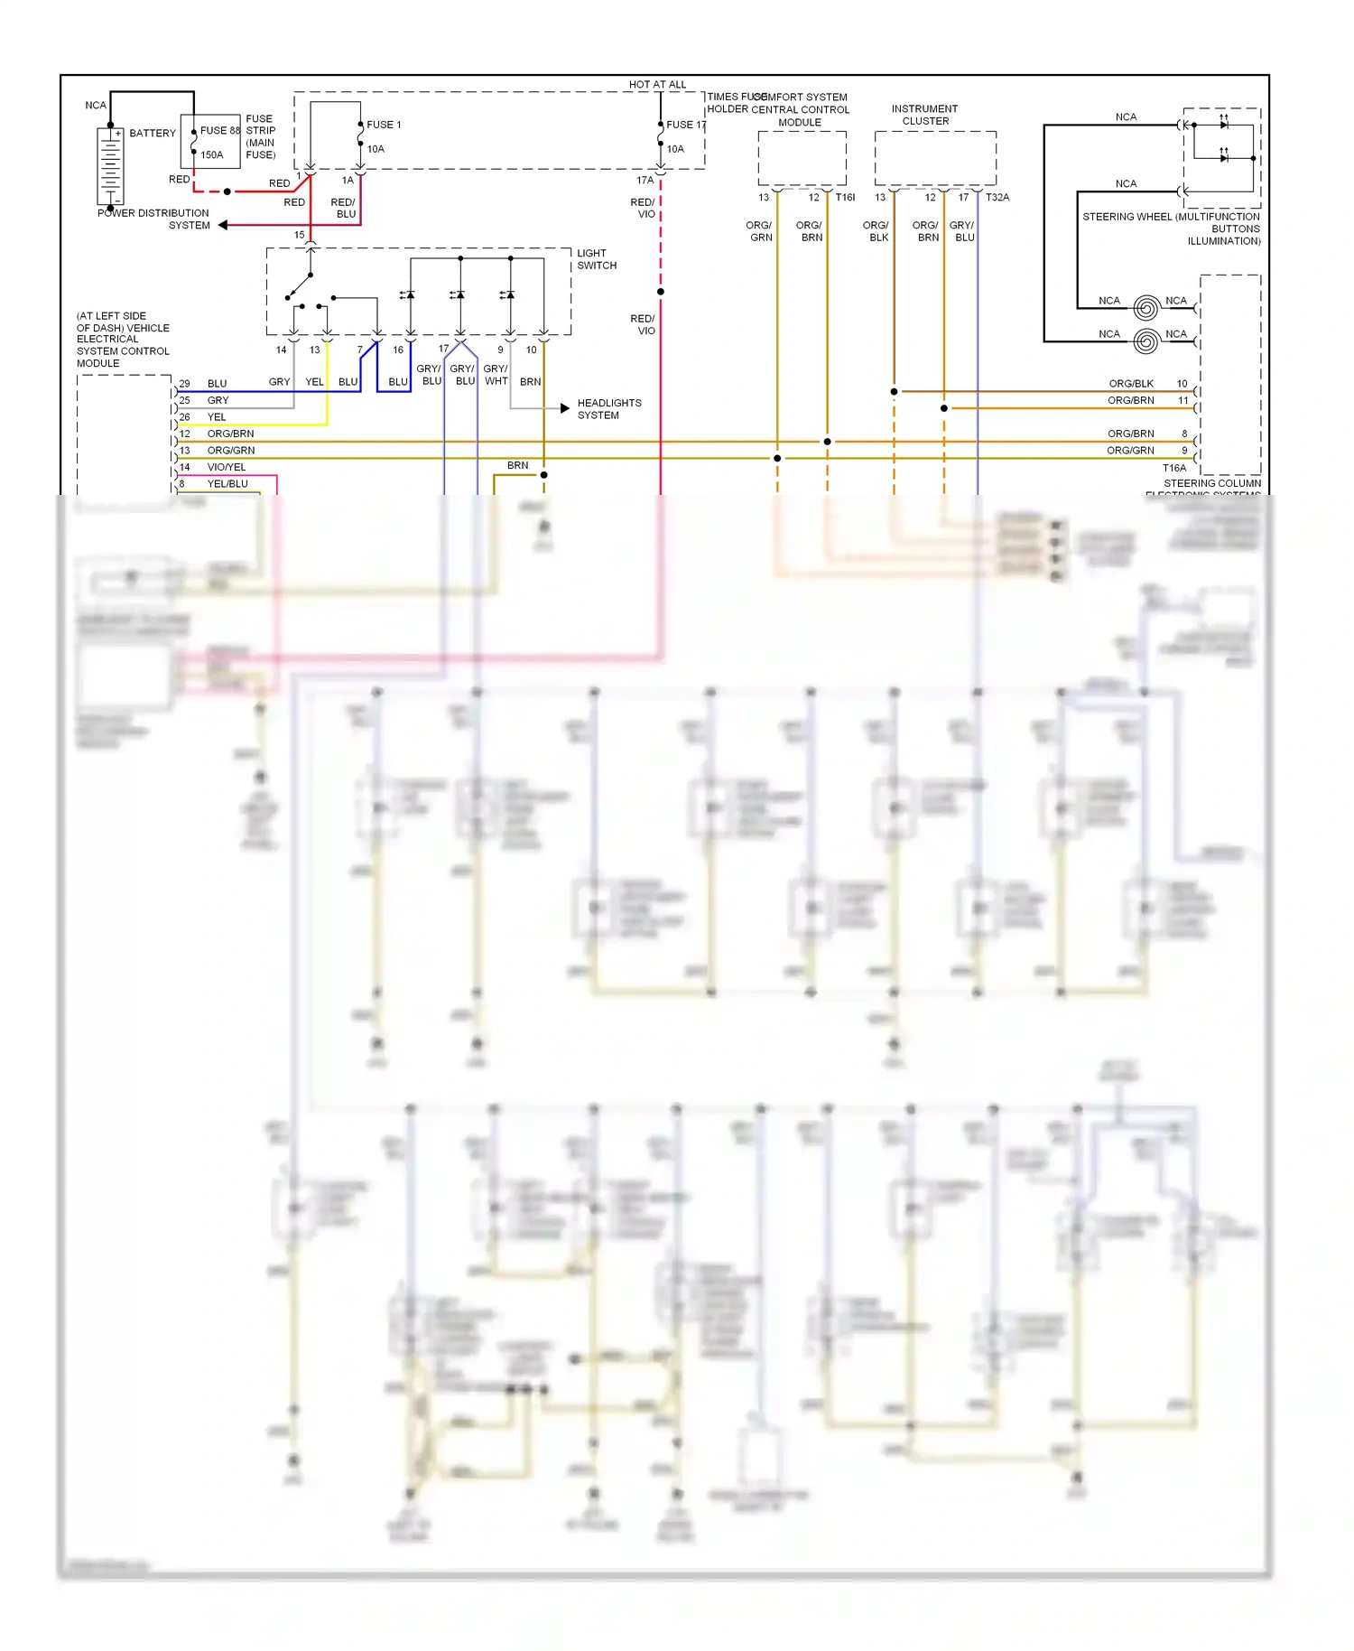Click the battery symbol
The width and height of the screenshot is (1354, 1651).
click(110, 165)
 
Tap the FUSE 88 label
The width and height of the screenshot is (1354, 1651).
click(219, 130)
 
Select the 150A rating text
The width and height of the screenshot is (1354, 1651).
click(211, 154)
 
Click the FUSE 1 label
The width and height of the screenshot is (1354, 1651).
click(384, 125)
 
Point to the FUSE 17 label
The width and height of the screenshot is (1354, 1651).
click(686, 125)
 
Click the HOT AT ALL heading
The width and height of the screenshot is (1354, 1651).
click(657, 84)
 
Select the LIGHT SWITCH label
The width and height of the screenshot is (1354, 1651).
click(597, 259)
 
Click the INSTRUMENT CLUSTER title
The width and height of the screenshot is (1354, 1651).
click(924, 115)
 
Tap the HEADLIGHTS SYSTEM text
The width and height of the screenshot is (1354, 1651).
click(609, 409)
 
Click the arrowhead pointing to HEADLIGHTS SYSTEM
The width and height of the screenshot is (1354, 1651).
click(565, 408)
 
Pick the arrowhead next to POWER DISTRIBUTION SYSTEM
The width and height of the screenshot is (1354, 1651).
click(222, 225)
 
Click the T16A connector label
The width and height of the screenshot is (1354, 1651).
click(1173, 468)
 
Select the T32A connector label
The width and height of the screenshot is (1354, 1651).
click(997, 197)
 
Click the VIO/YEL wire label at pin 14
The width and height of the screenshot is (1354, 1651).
click(226, 467)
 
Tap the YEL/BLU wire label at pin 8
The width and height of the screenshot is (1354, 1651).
click(227, 483)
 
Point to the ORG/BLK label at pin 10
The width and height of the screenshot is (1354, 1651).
click(1130, 384)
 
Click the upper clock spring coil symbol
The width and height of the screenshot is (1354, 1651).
click(1145, 308)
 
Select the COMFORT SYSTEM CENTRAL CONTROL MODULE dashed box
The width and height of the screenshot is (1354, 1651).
click(802, 159)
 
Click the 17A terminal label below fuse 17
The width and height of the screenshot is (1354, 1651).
click(645, 180)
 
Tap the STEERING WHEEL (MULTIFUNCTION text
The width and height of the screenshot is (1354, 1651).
click(1171, 217)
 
